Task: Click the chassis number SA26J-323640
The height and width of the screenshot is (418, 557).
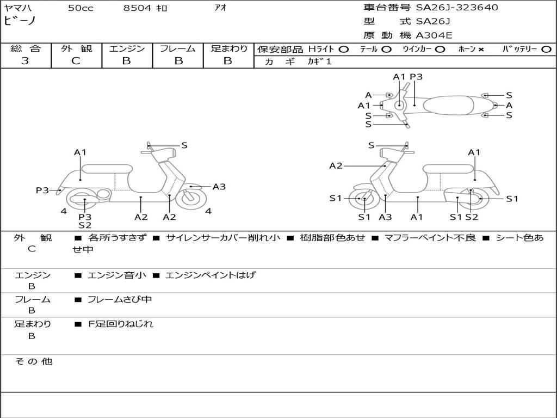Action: tap(457, 8)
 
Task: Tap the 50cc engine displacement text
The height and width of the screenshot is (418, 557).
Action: tap(81, 8)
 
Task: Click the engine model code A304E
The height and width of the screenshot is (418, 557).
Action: tap(434, 35)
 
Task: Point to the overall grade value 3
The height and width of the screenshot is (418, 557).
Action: tap(25, 61)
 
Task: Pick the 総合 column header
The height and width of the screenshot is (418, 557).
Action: tap(26, 49)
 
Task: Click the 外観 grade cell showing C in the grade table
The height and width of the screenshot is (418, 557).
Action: tap(76, 61)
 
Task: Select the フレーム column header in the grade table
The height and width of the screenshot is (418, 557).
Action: tap(177, 49)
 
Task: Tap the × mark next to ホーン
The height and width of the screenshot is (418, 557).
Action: tap(481, 50)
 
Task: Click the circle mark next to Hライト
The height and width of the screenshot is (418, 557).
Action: tap(343, 50)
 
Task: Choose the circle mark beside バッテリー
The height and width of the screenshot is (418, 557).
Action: tap(546, 50)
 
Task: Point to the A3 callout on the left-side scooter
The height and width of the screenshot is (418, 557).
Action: tap(219, 187)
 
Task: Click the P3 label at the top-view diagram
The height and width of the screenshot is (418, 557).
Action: tap(416, 77)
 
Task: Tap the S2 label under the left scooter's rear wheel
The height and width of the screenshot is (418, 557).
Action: tap(85, 225)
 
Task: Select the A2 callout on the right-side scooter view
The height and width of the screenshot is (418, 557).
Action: tap(336, 165)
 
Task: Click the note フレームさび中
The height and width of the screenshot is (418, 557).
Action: tap(120, 299)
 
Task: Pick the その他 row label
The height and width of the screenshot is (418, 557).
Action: tap(33, 361)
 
